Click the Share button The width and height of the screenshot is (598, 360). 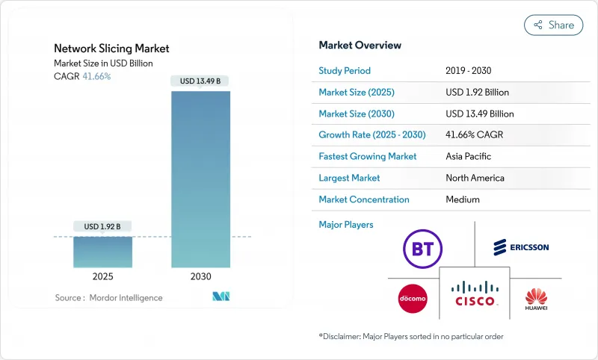tap(554, 25)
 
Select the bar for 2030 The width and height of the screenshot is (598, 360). tap(201, 179)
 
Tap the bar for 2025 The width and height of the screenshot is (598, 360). tap(102, 252)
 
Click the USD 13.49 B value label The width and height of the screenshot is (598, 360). tap(200, 81)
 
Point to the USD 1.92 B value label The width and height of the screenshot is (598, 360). tap(102, 226)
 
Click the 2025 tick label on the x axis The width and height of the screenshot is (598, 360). tap(102, 276)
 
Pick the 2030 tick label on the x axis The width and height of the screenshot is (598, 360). tap(201, 276)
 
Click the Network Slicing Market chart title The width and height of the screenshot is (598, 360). tap(111, 49)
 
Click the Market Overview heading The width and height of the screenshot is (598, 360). tap(360, 46)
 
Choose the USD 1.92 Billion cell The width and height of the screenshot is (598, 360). tap(477, 93)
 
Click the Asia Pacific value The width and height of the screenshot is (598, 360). tap(469, 157)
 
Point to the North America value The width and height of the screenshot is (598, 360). tap(475, 178)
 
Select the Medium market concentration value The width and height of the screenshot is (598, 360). tap(463, 199)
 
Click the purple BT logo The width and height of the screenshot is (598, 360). tap(423, 246)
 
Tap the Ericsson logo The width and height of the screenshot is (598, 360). tap(521, 246)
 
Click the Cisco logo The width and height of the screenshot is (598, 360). tap(476, 294)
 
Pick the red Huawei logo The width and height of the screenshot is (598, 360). tap(536, 298)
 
